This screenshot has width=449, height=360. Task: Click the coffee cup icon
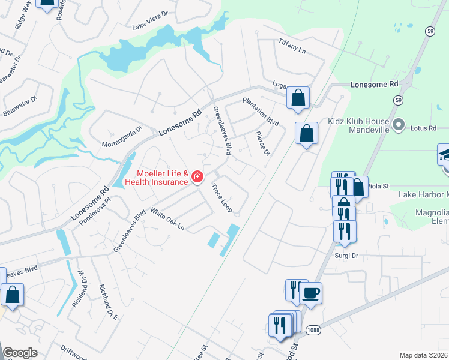tap(310, 293)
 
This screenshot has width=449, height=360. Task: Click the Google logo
tap(20, 353)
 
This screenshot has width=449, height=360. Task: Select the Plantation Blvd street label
tap(261, 112)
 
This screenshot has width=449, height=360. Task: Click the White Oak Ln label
tap(167, 220)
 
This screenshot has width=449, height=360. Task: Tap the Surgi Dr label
tap(346, 255)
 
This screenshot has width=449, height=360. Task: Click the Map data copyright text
tap(423, 355)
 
